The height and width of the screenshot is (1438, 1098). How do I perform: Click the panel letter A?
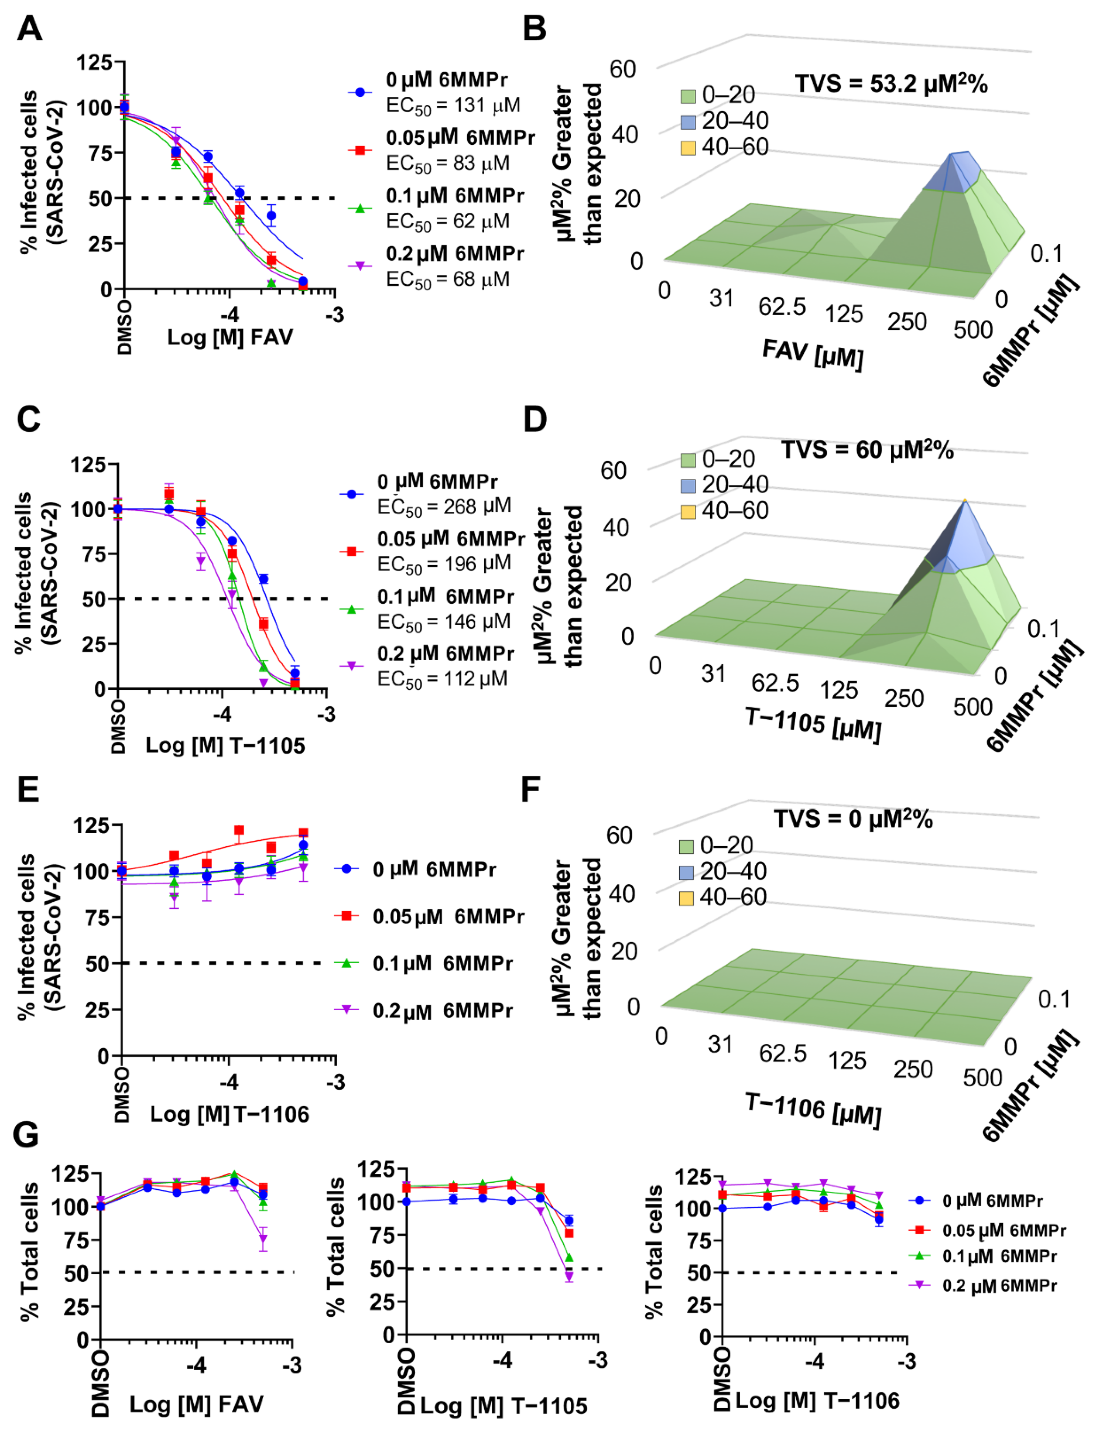click(x=29, y=29)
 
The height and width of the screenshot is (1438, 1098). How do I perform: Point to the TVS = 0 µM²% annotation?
click(x=853, y=819)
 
